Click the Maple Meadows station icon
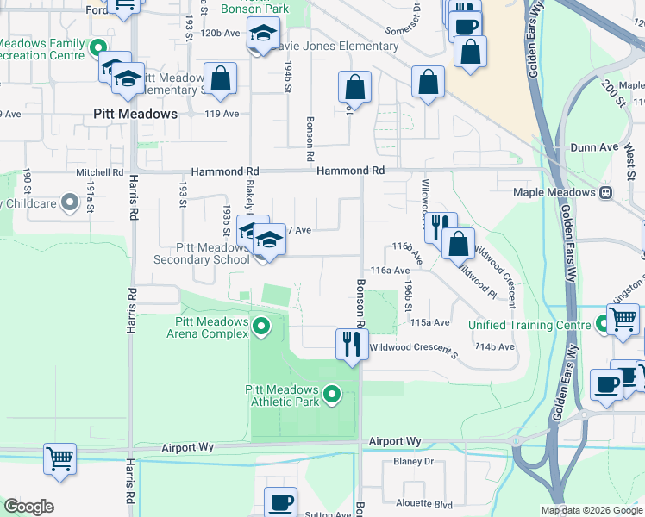tap(605, 192)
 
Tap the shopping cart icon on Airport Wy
tap(59, 460)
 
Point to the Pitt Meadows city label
tap(135, 114)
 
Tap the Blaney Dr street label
tap(413, 462)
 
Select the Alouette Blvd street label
tap(423, 504)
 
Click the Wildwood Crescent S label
tap(413, 348)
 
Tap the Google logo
tap(28, 507)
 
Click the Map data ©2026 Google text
tap(591, 510)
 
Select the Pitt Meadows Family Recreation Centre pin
tap(98, 48)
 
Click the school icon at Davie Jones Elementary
tap(259, 35)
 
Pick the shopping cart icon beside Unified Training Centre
tap(623, 320)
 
